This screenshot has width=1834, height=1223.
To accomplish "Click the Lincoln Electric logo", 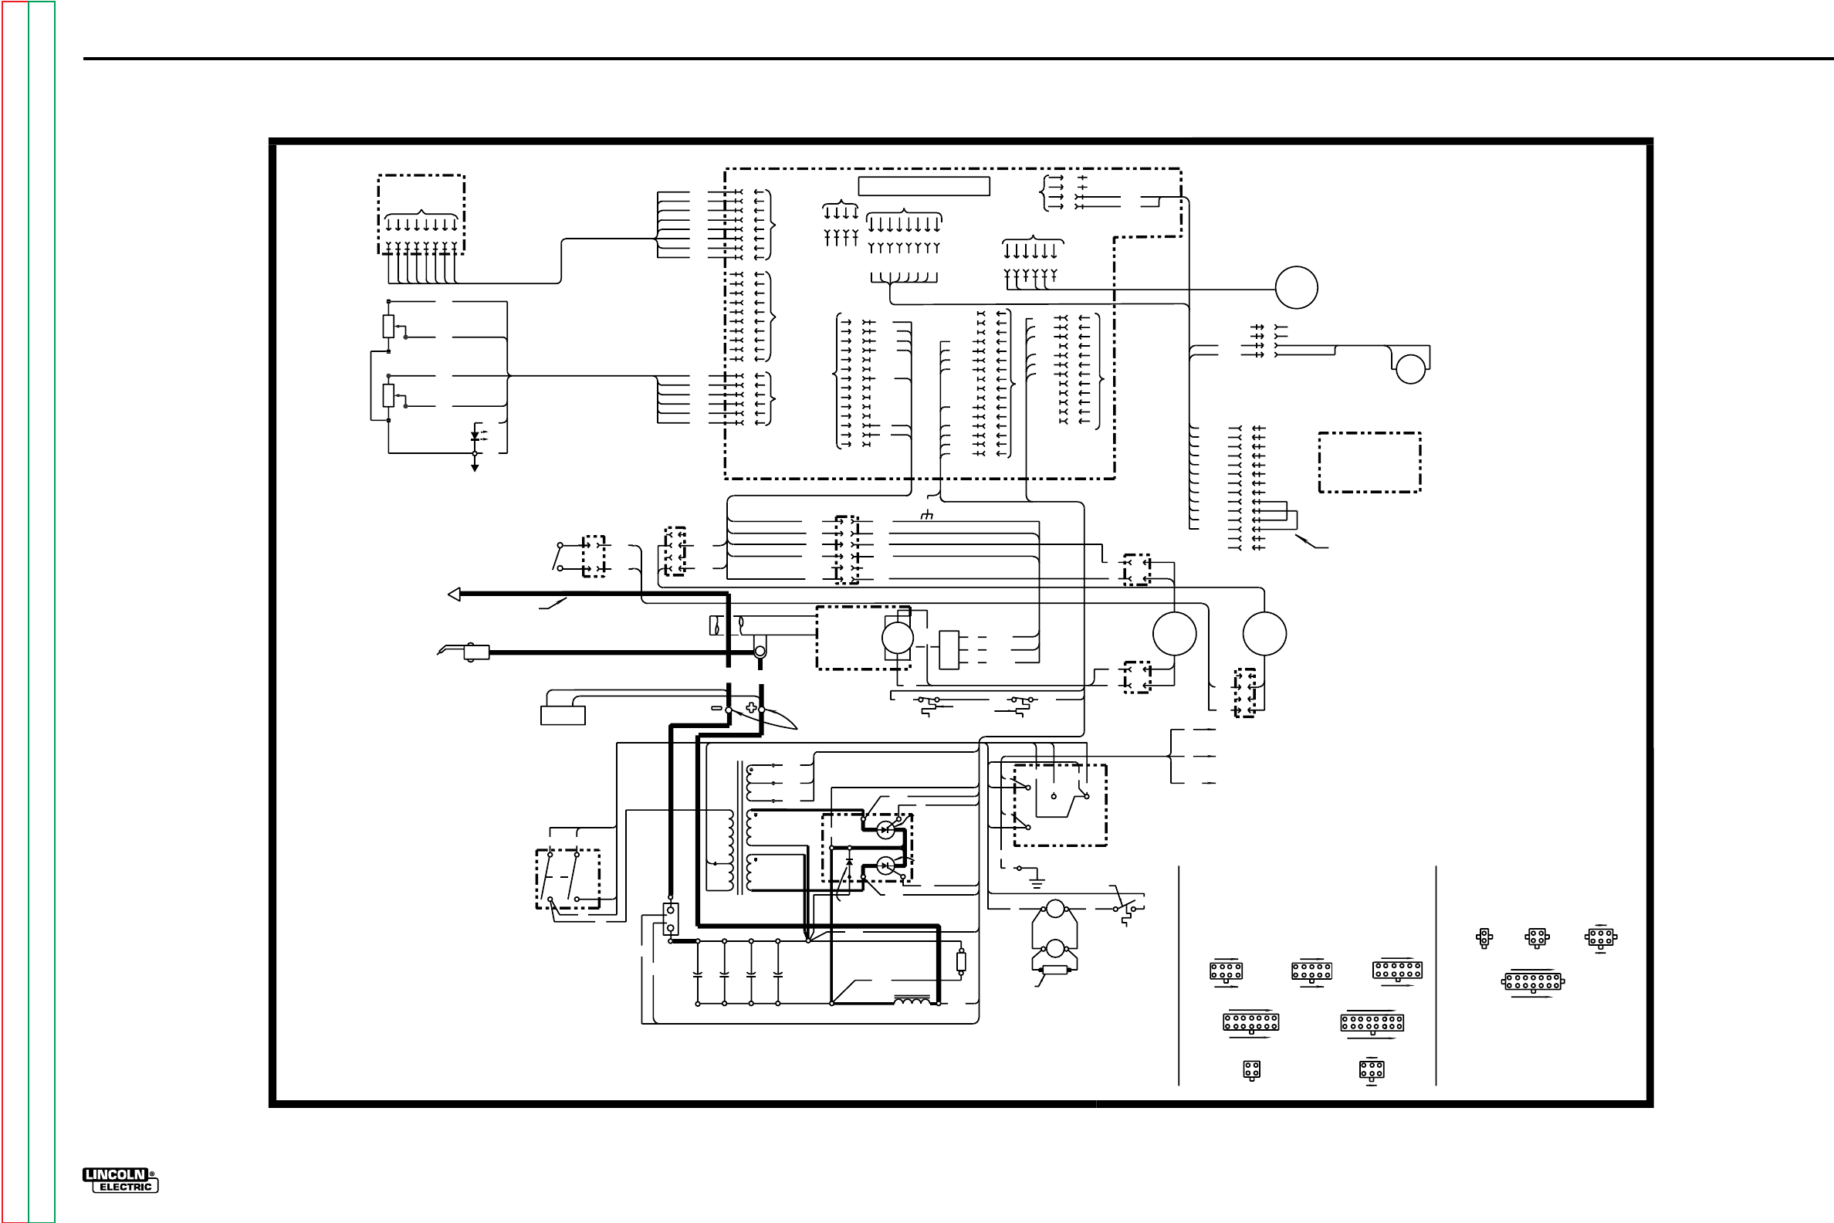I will point(120,1180).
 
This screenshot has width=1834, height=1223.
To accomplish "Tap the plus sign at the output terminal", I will point(751,707).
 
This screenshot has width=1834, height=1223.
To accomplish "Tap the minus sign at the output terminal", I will point(716,708).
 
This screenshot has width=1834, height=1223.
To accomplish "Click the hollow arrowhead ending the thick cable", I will point(455,595).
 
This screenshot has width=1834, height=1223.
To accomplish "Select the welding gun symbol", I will point(465,652).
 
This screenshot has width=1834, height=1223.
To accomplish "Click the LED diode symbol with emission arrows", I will point(475,437).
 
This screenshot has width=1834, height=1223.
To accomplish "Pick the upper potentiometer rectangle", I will point(388,326).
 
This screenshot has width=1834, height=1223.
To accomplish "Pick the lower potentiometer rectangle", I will point(388,395).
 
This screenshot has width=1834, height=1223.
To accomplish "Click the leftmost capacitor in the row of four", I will point(698,974).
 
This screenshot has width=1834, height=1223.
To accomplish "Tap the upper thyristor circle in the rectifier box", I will point(885,830).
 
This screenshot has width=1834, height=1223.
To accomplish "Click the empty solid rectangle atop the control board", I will point(923,186).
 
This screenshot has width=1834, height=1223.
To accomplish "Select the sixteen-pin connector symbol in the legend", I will point(1372,1022).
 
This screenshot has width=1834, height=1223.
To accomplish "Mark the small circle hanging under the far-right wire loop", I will point(1409,369).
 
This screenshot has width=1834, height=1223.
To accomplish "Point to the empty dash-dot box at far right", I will point(1369,462).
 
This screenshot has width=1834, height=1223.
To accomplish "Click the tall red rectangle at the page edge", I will point(15,611).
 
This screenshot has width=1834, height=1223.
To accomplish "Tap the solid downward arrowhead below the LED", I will point(475,467).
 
